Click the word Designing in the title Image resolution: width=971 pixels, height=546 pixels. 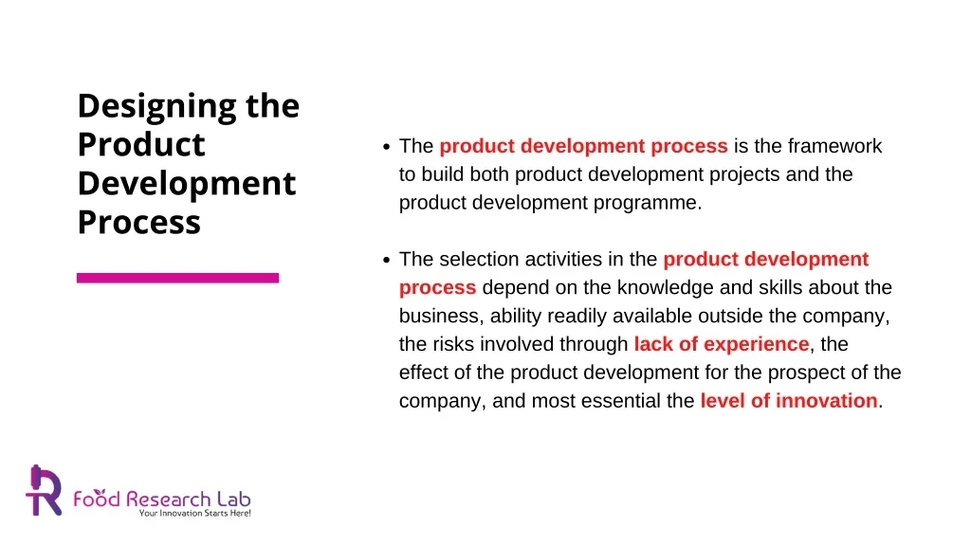point(158,107)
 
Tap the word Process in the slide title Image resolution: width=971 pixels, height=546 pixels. point(138,223)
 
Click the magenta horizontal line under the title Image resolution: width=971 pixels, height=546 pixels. point(177,278)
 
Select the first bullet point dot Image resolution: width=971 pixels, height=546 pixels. point(386,147)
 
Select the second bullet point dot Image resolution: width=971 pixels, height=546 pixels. point(386,260)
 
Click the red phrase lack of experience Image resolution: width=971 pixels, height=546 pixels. point(721,344)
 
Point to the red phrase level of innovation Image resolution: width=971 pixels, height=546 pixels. point(789,401)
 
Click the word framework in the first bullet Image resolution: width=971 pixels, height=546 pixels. point(834,146)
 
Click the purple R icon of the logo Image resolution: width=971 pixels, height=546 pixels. point(44,490)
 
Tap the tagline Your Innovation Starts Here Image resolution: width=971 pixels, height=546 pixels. point(194,513)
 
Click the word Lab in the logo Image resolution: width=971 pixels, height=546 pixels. point(232,498)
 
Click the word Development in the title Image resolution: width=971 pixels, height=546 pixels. point(186,184)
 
